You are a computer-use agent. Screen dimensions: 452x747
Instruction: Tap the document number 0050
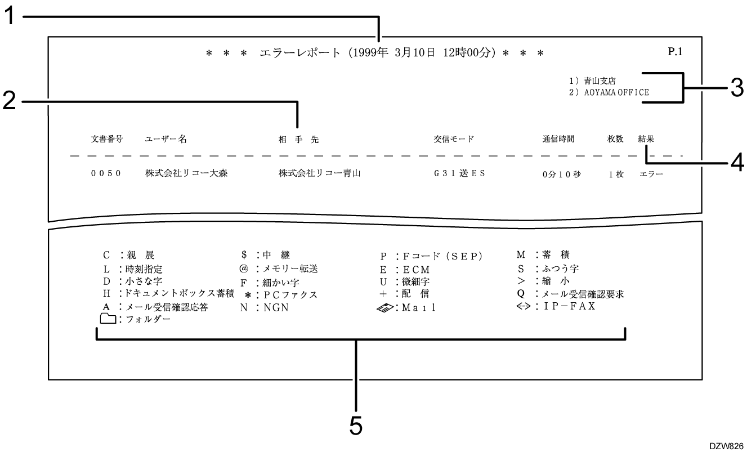pos(105,173)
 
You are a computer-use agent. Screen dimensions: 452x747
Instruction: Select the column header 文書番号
pos(106,139)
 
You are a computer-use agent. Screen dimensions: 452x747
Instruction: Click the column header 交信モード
pos(450,139)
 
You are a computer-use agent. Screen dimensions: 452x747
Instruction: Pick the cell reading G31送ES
pos(452,173)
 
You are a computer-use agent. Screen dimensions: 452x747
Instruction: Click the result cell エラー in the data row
pos(651,174)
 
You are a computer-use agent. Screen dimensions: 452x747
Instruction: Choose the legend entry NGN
pos(264,308)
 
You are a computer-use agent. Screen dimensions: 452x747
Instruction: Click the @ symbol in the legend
pos(244,269)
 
